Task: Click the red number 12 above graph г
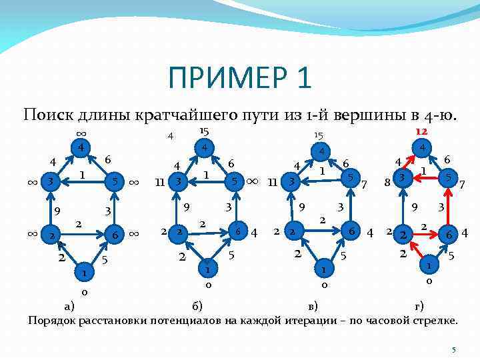coord(421,133)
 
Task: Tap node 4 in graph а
coord(80,147)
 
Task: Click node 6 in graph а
coord(115,234)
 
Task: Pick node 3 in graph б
coord(177,181)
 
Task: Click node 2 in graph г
coord(402,234)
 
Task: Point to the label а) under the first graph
coord(69,305)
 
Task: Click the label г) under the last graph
coord(419,305)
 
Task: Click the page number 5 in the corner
coord(453,350)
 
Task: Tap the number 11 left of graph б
coord(159,181)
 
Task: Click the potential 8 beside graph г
coord(387,180)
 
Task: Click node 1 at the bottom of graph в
coord(323,271)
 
